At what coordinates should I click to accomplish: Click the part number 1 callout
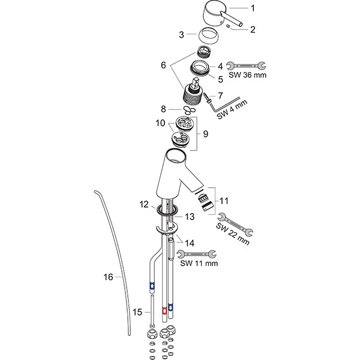(253, 8)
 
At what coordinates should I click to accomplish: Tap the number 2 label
(253, 28)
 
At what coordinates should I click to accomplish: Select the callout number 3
(182, 34)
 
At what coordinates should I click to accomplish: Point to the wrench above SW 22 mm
(236, 223)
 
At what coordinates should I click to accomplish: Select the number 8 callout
(163, 109)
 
